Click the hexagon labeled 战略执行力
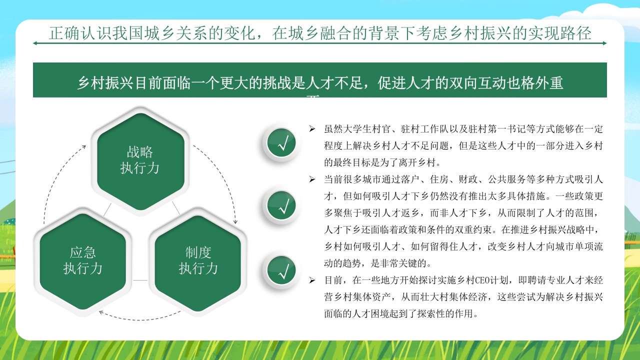pyautogui.click(x=140, y=160)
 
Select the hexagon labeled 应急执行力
pyautogui.click(x=83, y=260)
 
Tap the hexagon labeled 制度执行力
pyautogui.click(x=198, y=260)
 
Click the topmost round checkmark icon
pyautogui.click(x=281, y=143)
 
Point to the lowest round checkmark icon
pyautogui.click(x=281, y=270)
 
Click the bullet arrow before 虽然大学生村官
pyautogui.click(x=312, y=129)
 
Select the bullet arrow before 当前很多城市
pyautogui.click(x=312, y=179)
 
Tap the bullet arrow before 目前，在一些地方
pyautogui.click(x=312, y=280)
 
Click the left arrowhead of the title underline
pyautogui.click(x=35, y=43)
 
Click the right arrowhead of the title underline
pyautogui.click(x=604, y=43)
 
